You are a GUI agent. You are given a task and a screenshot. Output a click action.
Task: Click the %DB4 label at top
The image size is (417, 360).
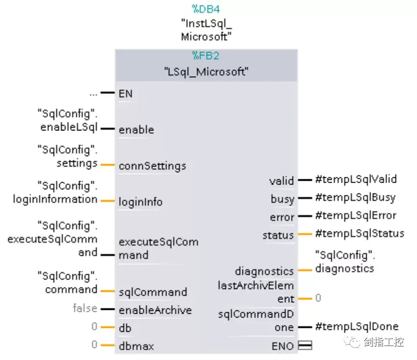coord(206,9)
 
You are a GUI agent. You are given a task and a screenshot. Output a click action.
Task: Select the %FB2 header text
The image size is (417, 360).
coord(206,56)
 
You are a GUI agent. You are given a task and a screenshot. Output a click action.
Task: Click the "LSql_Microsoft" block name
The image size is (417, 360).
coord(206,73)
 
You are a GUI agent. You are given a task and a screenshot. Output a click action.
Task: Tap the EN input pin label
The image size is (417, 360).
coord(126,93)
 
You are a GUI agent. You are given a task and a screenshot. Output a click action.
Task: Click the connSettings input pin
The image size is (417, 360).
coord(152,166)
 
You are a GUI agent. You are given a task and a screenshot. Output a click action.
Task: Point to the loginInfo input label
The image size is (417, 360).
coord(140,202)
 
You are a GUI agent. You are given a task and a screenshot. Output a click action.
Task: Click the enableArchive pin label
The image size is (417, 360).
coord(155,310)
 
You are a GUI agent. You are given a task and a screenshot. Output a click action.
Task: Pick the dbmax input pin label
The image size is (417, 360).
coord(136,346)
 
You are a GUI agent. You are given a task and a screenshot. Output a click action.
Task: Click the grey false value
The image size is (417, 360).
coord(85,308)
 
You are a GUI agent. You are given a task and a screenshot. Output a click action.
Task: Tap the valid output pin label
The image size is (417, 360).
coord(281,181)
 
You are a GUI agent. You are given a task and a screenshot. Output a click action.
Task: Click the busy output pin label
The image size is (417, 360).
coord(282,199)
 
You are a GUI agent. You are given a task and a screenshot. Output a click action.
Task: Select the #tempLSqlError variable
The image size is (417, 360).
coord(355,215)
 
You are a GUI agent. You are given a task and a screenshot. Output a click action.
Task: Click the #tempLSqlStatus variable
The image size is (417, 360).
coord(359,233)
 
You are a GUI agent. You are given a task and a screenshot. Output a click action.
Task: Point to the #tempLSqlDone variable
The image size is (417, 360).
coord(357,326)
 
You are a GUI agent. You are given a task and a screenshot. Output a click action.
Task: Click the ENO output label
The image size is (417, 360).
coord(283,346)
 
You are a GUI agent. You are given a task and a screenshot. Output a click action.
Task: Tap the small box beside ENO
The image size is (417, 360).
coord(305,345)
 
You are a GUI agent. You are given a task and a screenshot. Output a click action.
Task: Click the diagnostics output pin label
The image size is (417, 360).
coord(264,271)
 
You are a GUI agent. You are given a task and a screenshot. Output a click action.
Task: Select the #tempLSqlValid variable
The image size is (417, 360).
coord(355,179)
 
